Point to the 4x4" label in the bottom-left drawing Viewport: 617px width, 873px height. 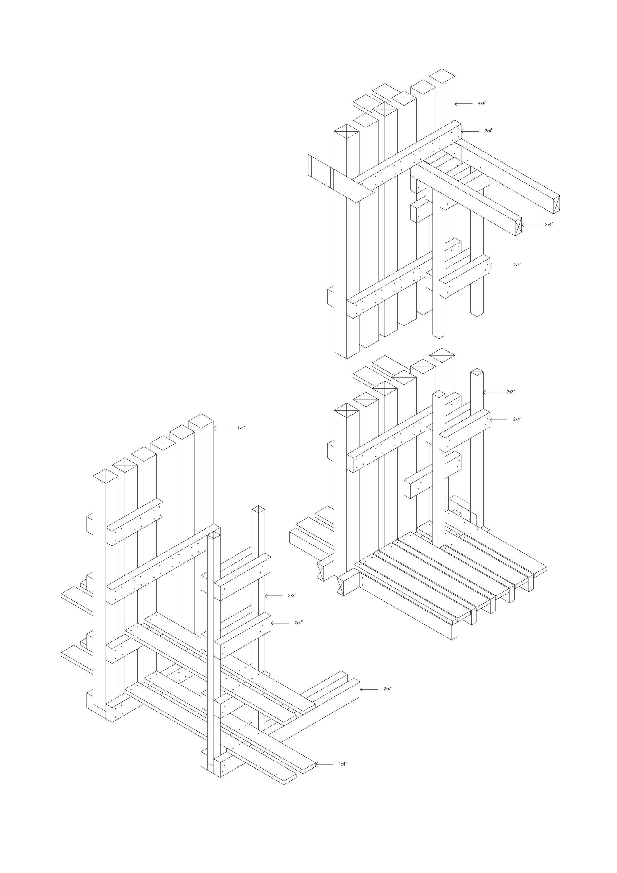point(242,428)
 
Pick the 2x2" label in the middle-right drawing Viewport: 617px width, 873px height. point(511,392)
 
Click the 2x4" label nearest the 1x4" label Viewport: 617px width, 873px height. point(387,689)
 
